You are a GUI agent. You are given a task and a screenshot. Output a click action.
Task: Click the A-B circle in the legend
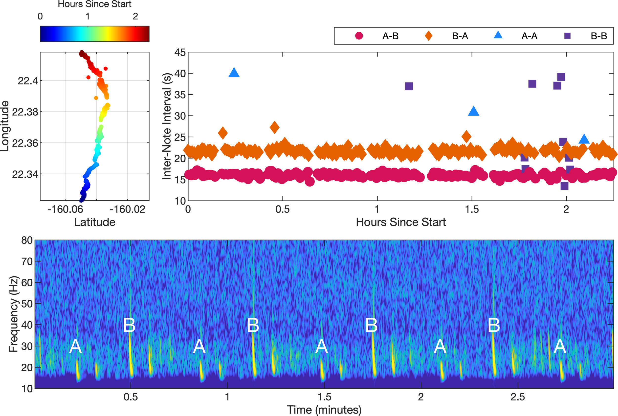(359, 36)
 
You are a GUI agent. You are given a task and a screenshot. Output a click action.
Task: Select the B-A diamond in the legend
(428, 36)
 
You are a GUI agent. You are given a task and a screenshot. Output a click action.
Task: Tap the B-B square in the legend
(567, 36)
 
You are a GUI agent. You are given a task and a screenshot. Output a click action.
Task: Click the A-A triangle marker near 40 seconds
(234, 73)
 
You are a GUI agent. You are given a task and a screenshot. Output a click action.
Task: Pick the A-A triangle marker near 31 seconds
(473, 111)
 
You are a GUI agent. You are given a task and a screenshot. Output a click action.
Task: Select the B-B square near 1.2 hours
(409, 86)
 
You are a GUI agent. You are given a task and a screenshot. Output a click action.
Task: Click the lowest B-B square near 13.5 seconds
(564, 186)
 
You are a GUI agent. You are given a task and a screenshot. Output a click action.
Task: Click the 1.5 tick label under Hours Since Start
(472, 209)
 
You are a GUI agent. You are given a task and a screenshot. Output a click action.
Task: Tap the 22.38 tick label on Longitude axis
(25, 112)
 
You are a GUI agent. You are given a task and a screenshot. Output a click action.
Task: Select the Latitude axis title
(94, 222)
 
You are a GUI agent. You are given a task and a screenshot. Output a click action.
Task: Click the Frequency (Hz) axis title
(13, 314)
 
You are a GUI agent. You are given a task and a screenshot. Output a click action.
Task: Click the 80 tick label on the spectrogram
(27, 240)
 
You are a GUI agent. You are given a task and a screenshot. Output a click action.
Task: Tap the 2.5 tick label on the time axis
(517, 397)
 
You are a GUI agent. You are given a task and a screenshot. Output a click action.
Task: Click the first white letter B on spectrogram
(129, 325)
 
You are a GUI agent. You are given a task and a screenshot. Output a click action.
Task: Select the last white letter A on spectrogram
(560, 347)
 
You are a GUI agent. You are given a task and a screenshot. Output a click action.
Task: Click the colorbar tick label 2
(135, 17)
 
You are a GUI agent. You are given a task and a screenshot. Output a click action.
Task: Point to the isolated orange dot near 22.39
(96, 98)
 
